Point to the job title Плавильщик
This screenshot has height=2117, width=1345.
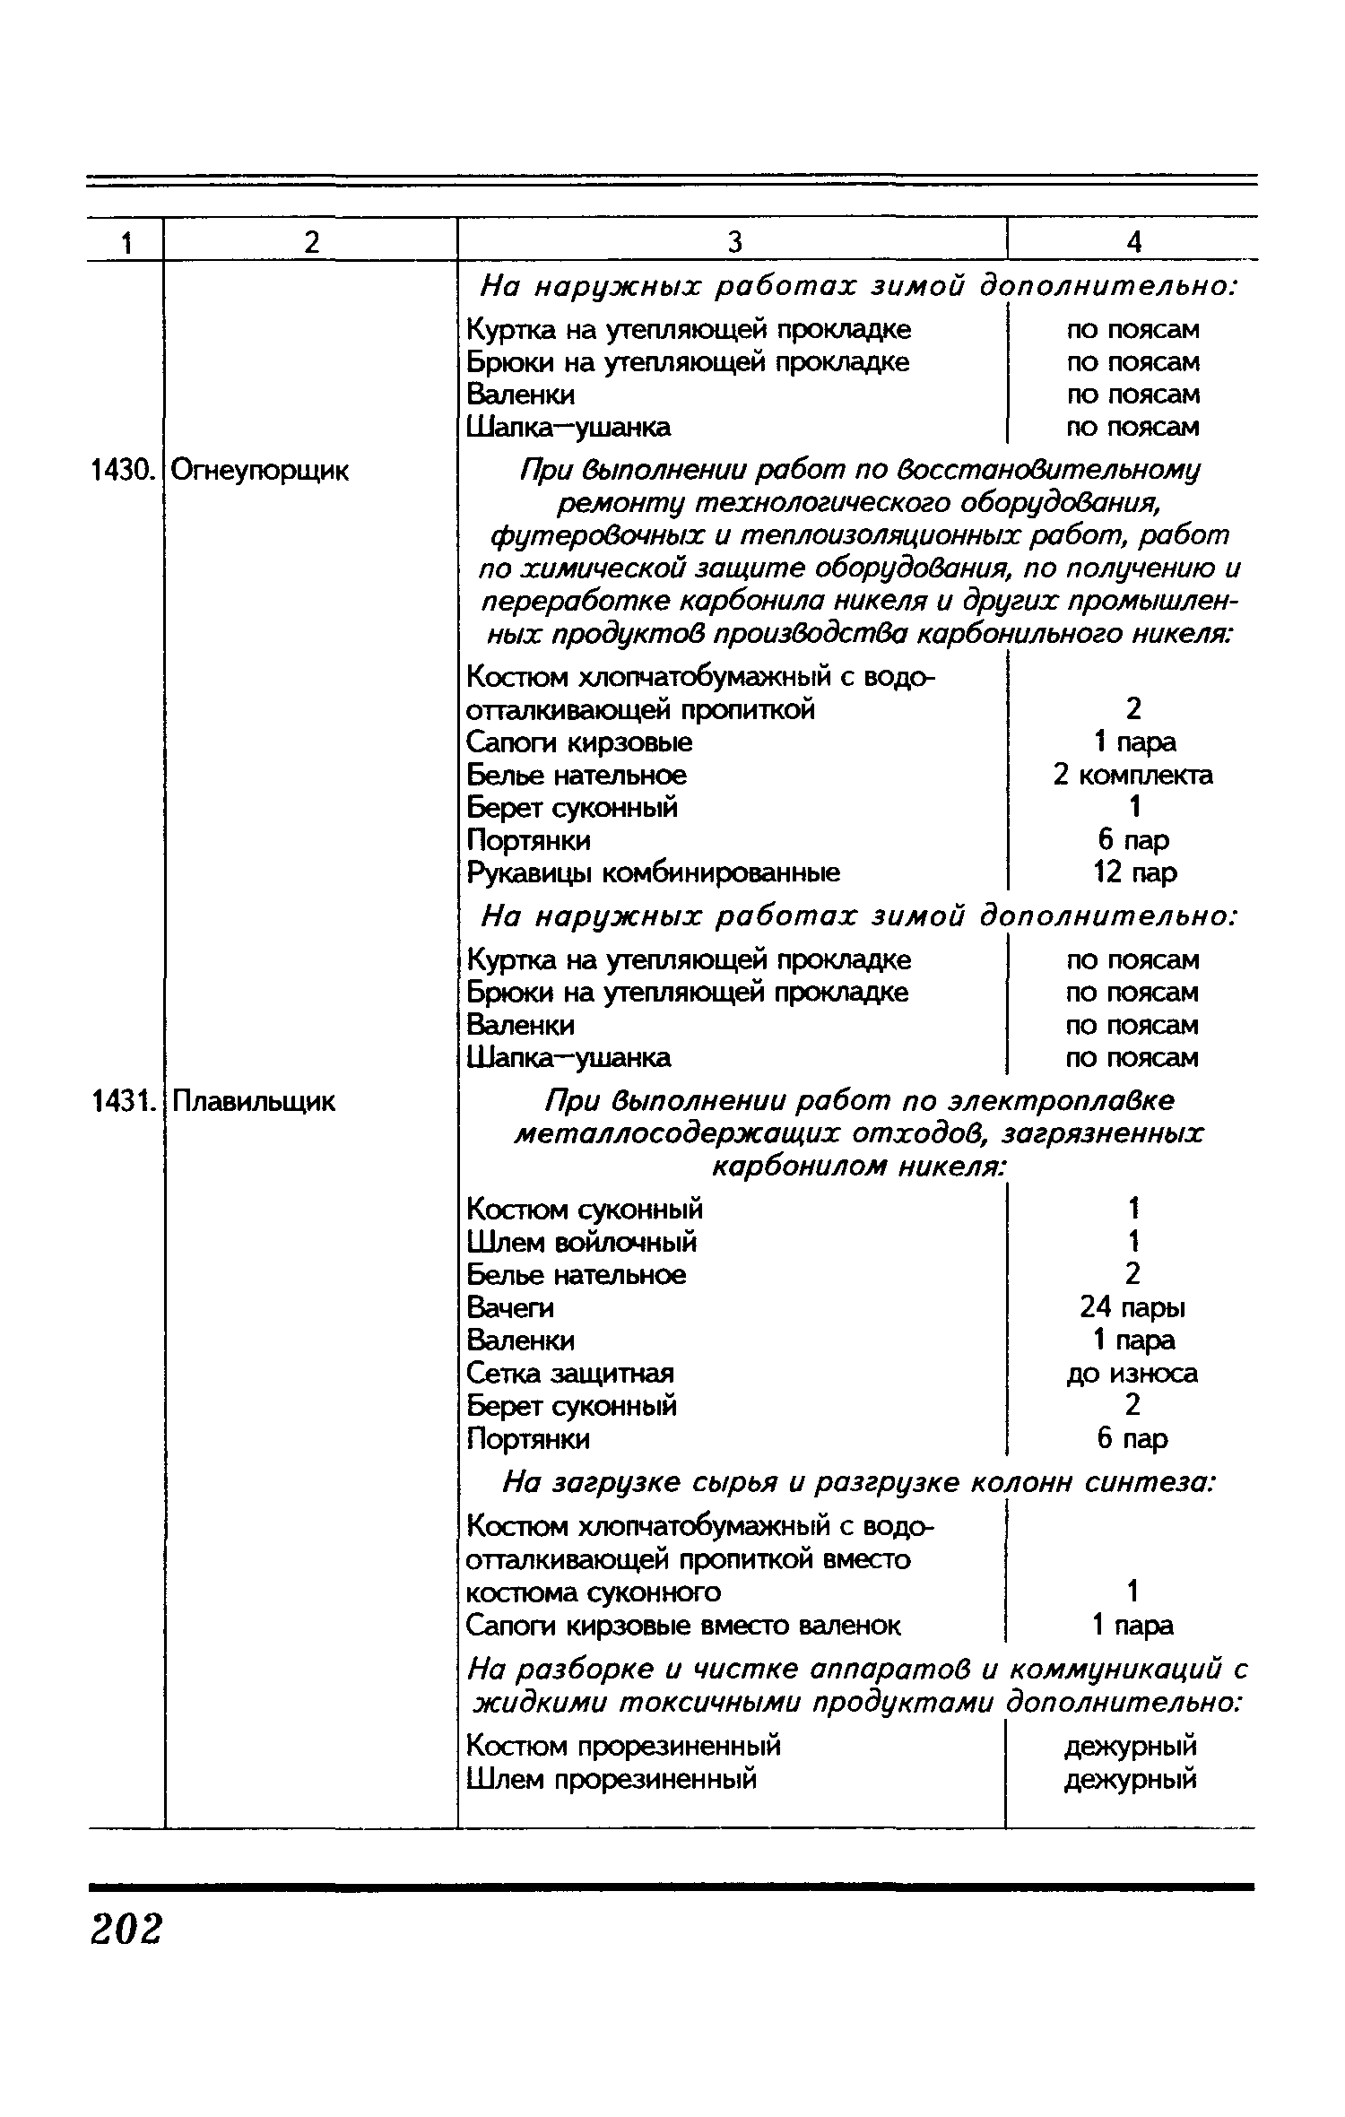[x=253, y=1100]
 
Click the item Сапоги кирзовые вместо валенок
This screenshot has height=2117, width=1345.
[x=684, y=1625]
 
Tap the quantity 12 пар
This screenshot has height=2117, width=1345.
[x=1135, y=872]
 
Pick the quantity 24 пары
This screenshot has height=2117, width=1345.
[x=1132, y=1307]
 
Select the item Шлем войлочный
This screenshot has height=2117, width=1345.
[x=582, y=1242]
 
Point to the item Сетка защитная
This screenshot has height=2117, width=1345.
[x=570, y=1373]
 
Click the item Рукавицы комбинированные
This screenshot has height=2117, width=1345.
[x=654, y=872]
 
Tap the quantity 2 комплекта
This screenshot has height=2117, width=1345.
[x=1132, y=775]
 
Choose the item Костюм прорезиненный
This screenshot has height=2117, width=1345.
[x=624, y=1746]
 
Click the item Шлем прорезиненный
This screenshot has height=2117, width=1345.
[x=612, y=1778]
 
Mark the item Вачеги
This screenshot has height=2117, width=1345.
[x=510, y=1307]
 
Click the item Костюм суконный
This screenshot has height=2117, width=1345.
[x=586, y=1209]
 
